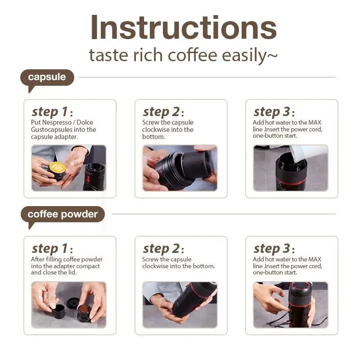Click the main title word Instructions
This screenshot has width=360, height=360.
point(183,28)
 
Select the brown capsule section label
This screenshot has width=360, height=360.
point(47,77)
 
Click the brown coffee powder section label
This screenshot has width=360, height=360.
point(63,214)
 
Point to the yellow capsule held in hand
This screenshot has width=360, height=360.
point(58,168)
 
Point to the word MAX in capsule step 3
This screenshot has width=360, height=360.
point(315,122)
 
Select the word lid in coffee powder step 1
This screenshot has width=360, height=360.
point(72,272)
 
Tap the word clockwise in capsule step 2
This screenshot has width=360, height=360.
point(156,130)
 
